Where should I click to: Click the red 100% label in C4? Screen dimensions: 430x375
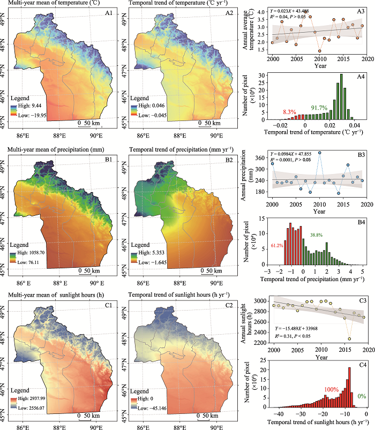tap(330, 387)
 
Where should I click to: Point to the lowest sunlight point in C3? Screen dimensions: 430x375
tap(350, 339)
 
